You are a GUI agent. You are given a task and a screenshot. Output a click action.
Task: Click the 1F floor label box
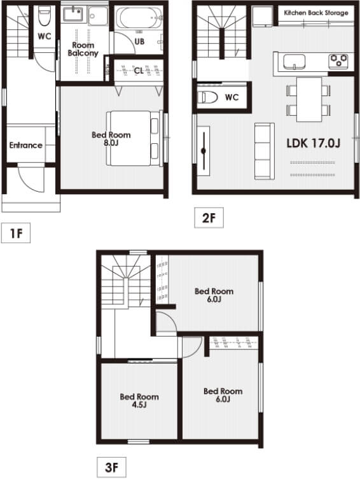coord(16,233)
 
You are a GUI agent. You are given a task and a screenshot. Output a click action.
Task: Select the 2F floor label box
coord(209,217)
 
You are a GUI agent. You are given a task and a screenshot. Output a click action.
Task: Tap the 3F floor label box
coord(111,467)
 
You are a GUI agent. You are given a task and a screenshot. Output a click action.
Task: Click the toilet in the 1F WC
coord(44,16)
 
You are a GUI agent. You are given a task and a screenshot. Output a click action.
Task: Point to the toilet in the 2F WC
coord(208,97)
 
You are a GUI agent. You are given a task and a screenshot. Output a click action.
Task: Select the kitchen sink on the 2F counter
coord(294,62)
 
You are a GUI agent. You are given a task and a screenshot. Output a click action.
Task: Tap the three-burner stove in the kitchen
coord(338,62)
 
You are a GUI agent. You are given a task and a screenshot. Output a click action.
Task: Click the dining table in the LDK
coord(309,99)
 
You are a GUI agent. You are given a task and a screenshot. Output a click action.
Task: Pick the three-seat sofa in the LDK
coord(265,152)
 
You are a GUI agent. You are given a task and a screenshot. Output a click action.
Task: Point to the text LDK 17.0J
coord(314,143)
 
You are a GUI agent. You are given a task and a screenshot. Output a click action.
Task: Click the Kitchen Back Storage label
coord(316,13)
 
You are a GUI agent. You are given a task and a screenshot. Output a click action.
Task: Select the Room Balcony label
coord(83,49)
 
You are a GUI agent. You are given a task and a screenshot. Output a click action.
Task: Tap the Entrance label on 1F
coord(26,145)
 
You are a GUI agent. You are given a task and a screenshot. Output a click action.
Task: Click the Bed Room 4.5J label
coord(139,400)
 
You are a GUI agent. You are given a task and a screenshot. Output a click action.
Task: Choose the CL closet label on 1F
coord(139,71)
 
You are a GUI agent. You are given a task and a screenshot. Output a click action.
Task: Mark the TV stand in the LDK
coord(204,151)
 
